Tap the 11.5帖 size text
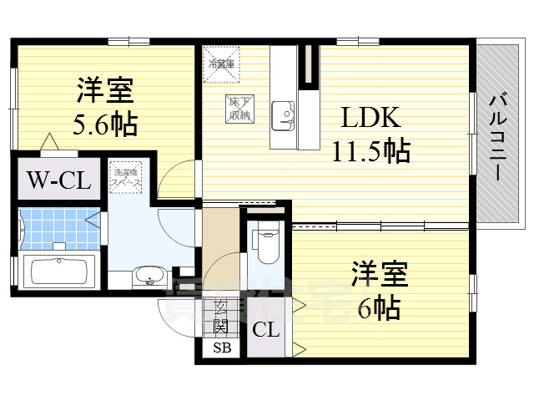point(370,152)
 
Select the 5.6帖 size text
point(105,125)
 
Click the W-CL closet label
point(53,179)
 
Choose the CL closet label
point(267,328)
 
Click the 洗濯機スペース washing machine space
point(128,176)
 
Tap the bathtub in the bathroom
point(58,272)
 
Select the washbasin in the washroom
point(150,275)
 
